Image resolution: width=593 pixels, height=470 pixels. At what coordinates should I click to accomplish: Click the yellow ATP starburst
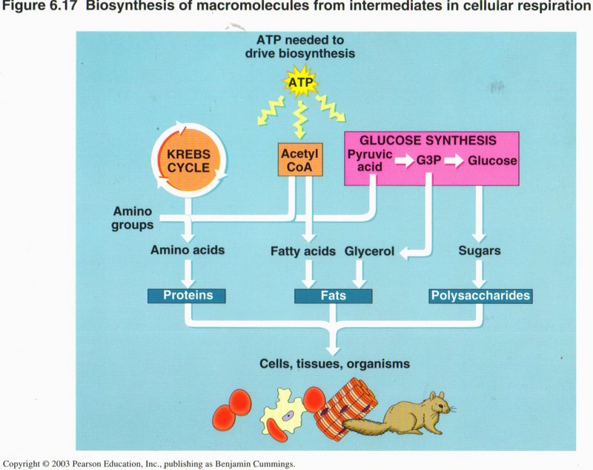point(301,86)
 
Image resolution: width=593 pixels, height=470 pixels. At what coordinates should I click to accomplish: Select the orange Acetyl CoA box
point(300,160)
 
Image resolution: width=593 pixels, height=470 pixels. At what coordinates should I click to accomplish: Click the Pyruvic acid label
point(368,160)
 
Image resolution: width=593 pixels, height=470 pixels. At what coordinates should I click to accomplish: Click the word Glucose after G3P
point(491,159)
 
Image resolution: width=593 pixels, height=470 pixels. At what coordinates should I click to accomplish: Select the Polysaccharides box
point(481,296)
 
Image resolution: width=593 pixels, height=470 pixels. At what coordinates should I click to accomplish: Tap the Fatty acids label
point(304,251)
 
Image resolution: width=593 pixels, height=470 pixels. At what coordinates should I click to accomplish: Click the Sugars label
point(479,251)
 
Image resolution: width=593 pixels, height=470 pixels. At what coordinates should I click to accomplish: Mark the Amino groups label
point(133,217)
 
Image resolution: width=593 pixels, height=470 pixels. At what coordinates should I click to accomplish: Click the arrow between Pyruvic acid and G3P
point(403,160)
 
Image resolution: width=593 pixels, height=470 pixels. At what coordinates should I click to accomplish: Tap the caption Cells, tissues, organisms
point(335,364)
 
